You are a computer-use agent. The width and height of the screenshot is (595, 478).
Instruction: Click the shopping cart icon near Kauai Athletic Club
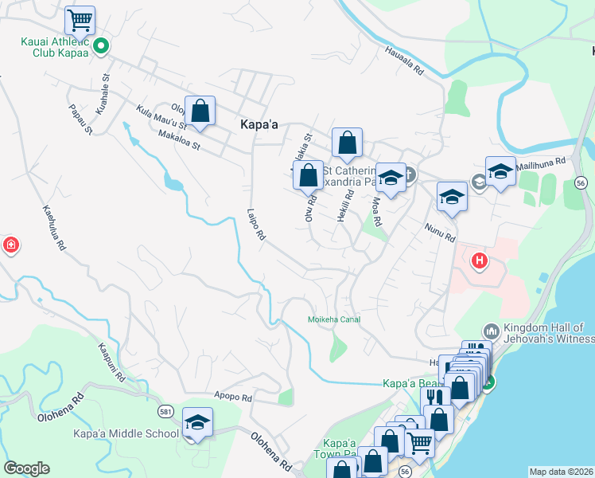coord(80,19)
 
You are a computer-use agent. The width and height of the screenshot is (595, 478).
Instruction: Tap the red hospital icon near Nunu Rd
coord(479,260)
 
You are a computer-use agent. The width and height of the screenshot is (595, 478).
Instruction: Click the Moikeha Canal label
coord(334,319)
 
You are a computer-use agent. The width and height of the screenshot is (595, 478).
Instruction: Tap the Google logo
coord(26,468)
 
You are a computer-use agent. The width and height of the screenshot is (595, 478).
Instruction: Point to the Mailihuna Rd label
coord(540,162)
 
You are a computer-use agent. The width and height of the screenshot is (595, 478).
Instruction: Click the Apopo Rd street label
coord(233,396)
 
